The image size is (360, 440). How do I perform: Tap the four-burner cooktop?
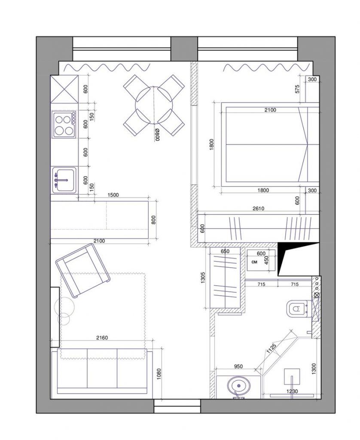64,124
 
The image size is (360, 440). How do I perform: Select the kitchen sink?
64,180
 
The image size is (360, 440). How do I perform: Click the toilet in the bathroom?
297,309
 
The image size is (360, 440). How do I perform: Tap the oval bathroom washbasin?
238,385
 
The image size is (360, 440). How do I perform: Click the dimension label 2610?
258,208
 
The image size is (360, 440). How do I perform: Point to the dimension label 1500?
113,195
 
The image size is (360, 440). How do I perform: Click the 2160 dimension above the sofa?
102,338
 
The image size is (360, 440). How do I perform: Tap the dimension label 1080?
159,374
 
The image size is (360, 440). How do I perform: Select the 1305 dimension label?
204,278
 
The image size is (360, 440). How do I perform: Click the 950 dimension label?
238,366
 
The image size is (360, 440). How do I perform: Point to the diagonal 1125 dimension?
272,348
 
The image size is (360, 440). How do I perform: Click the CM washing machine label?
254,262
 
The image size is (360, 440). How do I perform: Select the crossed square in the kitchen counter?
64,89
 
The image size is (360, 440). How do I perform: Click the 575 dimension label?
297,89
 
